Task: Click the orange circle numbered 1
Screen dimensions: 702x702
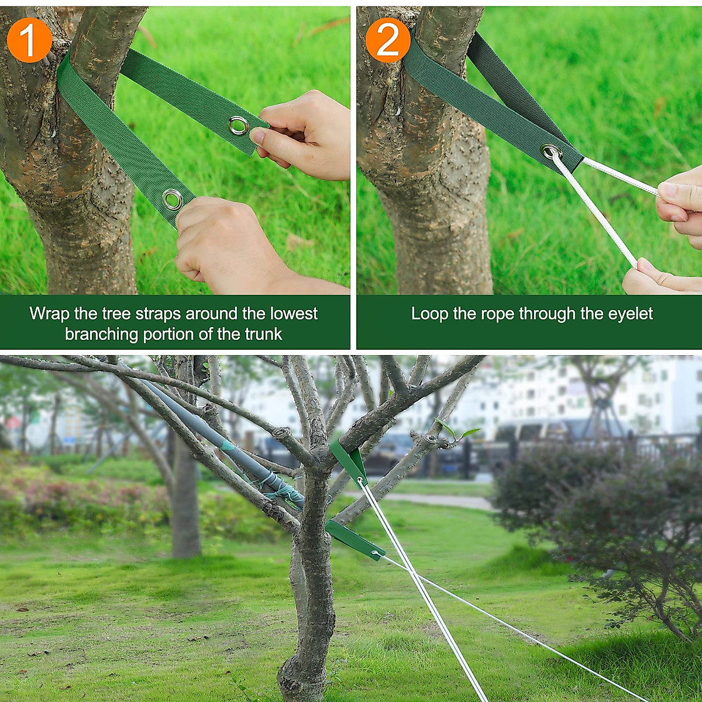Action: pyautogui.click(x=29, y=40)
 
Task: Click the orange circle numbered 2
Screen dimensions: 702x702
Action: pyautogui.click(x=388, y=40)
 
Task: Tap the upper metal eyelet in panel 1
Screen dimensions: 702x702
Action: pyautogui.click(x=238, y=125)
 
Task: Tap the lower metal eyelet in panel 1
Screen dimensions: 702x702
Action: pyautogui.click(x=173, y=199)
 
